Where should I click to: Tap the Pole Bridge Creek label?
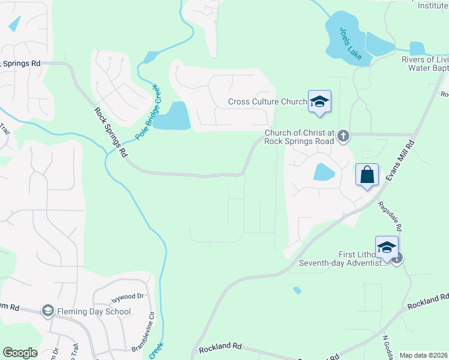(x=148, y=112)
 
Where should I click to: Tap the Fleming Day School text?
(x=93, y=311)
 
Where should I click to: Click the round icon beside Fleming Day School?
(x=47, y=311)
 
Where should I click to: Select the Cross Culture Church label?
(x=267, y=102)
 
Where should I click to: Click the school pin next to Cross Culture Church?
(x=319, y=101)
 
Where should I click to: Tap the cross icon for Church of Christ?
(x=343, y=136)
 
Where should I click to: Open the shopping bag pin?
(x=367, y=175)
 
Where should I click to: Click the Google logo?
(x=20, y=353)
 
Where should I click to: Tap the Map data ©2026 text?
(x=424, y=355)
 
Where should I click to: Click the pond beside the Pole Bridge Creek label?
(x=175, y=116)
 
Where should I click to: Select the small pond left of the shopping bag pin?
(x=324, y=172)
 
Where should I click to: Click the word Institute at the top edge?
(x=433, y=5)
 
